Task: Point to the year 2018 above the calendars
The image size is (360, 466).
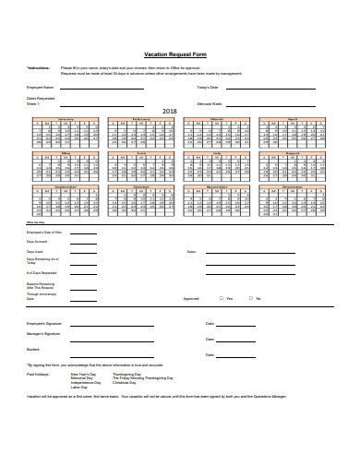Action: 170,111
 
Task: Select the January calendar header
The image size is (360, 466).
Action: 66,119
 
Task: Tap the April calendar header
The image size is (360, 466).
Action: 293,119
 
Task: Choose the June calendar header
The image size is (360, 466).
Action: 141,153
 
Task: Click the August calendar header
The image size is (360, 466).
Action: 293,153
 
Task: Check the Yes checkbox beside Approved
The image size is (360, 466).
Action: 220,299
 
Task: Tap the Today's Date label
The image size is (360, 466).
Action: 210,87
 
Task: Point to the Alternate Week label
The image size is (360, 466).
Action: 211,104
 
